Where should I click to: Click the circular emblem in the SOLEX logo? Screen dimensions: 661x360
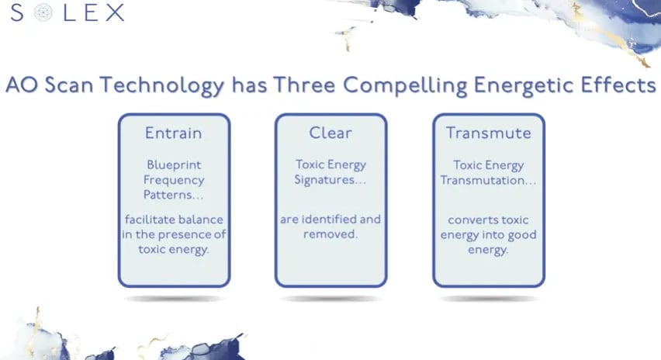(43, 12)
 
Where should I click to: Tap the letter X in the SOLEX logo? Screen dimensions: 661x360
(115, 12)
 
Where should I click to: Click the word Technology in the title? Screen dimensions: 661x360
(162, 86)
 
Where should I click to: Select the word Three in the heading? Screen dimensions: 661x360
(304, 85)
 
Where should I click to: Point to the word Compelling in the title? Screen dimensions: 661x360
(405, 86)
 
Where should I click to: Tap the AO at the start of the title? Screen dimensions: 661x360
(22, 85)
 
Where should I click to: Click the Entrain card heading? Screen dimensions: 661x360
(174, 133)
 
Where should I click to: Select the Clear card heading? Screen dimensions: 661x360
(330, 133)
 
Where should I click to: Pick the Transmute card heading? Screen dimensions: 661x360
(489, 133)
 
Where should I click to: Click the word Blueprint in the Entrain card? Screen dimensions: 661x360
(174, 164)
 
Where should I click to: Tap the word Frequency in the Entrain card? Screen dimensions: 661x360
(174, 181)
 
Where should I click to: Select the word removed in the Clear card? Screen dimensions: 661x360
(329, 234)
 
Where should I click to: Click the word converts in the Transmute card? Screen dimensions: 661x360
(468, 220)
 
